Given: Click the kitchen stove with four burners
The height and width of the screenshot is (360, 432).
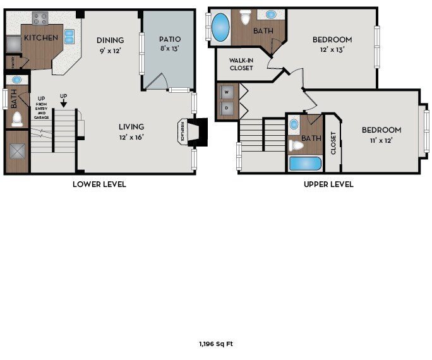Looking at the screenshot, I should pyautogui.click(x=40, y=18).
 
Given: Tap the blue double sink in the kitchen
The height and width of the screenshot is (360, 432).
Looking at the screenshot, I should pyautogui.click(x=69, y=36).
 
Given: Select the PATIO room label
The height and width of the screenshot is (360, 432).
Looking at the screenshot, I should pyautogui.click(x=169, y=39).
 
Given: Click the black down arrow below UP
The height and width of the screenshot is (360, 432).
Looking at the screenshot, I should pyautogui.click(x=63, y=104).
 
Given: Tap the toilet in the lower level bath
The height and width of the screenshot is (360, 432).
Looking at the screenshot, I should pyautogui.click(x=17, y=118).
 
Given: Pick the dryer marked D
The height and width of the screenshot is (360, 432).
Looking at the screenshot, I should pyautogui.click(x=227, y=109).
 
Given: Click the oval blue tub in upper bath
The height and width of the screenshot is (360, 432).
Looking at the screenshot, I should pyautogui.click(x=220, y=27).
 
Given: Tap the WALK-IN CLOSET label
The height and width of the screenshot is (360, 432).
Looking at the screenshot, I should pyautogui.click(x=241, y=63).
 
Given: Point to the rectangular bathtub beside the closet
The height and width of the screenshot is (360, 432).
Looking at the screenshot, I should pyautogui.click(x=305, y=164).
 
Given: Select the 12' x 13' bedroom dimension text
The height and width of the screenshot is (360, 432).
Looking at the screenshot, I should pyautogui.click(x=332, y=49).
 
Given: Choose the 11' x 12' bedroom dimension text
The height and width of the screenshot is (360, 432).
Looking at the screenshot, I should pyautogui.click(x=381, y=140).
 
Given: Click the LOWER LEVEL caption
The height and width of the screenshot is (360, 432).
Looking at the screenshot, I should pyautogui.click(x=99, y=184).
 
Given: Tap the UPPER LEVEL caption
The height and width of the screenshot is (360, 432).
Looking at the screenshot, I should pyautogui.click(x=328, y=184).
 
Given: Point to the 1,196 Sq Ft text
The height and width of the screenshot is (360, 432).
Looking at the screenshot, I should pyautogui.click(x=216, y=344).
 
